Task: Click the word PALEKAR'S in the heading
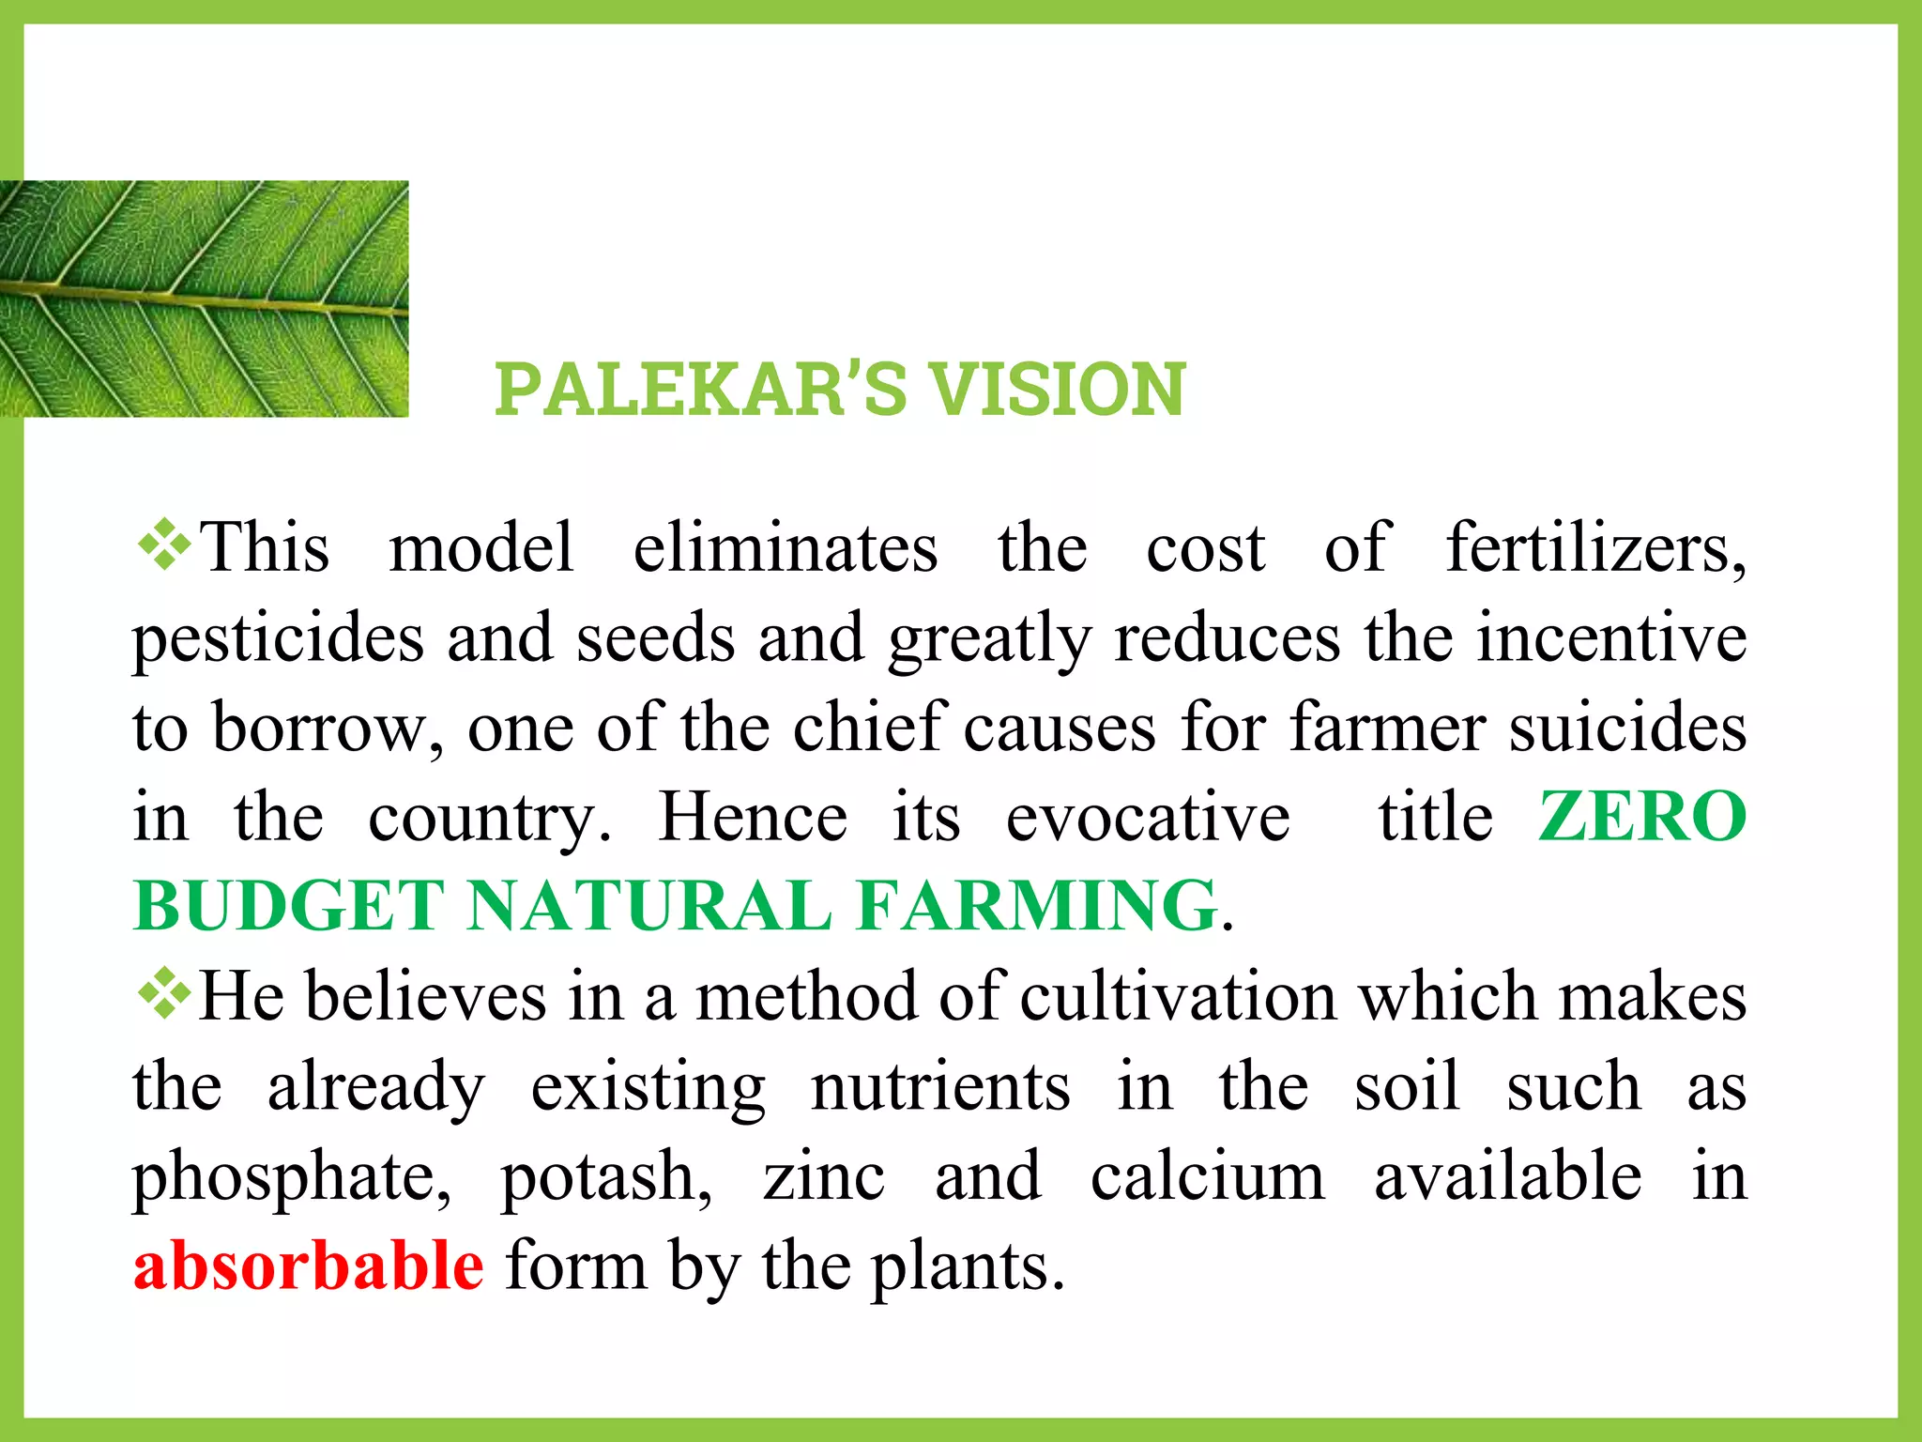coord(700,389)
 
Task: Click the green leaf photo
coord(204,299)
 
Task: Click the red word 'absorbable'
coord(308,1266)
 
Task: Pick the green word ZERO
coord(1642,816)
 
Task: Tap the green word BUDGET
coord(289,906)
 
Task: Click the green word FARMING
coord(1037,906)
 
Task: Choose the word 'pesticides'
coord(278,638)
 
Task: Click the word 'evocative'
coord(1148,817)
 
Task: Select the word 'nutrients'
coord(940,1086)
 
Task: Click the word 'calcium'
coord(1208,1175)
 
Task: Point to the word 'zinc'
coord(823,1175)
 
